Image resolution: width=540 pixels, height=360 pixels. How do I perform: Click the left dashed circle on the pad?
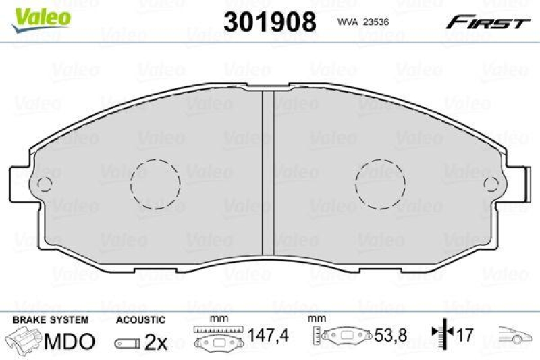pyautogui.click(x=155, y=183)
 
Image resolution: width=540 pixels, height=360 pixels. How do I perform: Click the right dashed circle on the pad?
pyautogui.click(x=379, y=183)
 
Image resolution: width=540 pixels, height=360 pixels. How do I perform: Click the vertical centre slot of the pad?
pyautogui.click(x=268, y=169)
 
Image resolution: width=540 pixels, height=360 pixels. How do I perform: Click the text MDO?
pyautogui.click(x=69, y=342)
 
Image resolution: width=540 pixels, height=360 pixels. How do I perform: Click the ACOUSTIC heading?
pyautogui.click(x=140, y=319)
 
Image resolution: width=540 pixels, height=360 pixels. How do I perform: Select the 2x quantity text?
pyautogui.click(x=155, y=342)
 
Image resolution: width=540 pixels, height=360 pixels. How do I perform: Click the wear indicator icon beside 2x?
pyautogui.click(x=127, y=343)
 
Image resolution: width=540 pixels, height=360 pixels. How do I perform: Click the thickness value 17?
pyautogui.click(x=464, y=335)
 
